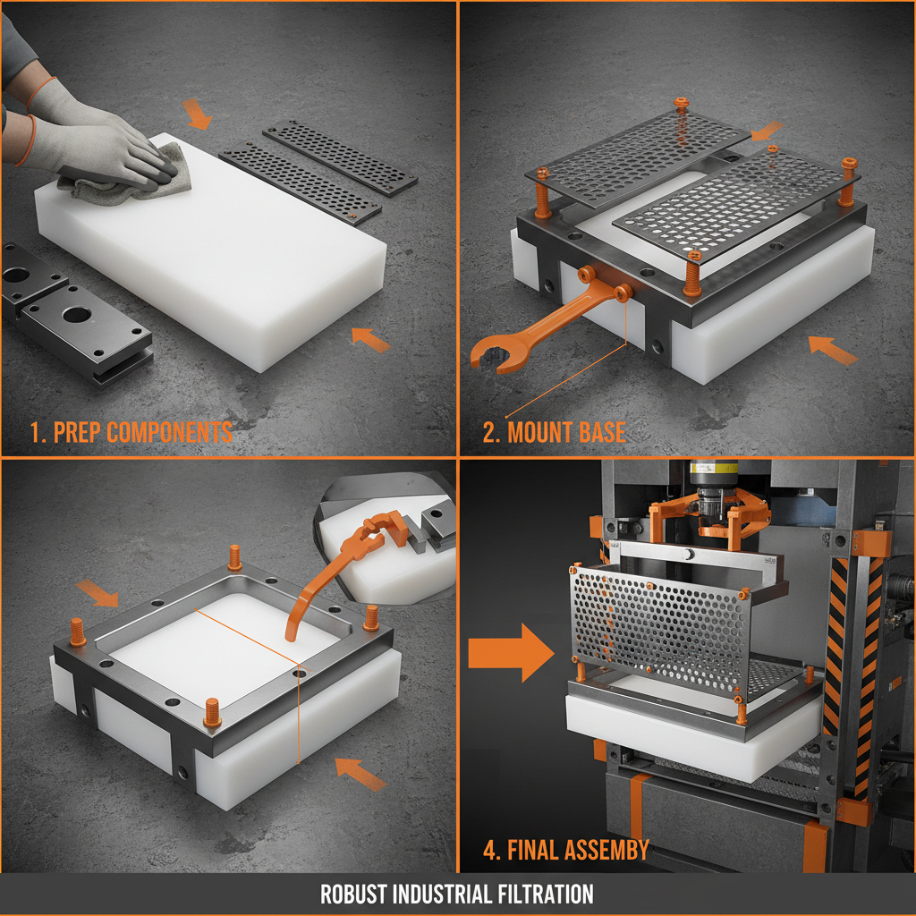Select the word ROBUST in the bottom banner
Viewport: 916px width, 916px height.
[x=355, y=894]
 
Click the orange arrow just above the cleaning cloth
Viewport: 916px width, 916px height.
[x=198, y=114]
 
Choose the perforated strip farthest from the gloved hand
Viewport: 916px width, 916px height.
[x=339, y=157]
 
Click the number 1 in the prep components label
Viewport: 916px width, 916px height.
[x=36, y=432]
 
